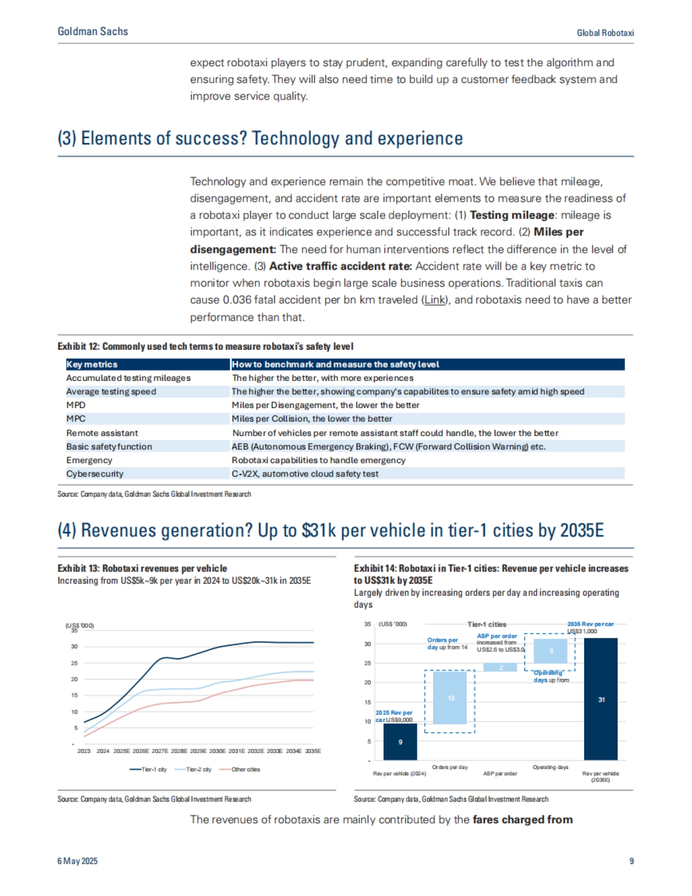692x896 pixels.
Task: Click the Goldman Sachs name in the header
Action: [93, 32]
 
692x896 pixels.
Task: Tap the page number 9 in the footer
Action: [631, 861]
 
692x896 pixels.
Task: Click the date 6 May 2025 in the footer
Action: [77, 861]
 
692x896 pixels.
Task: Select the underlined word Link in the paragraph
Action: [435, 300]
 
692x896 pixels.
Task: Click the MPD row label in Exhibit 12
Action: [76, 405]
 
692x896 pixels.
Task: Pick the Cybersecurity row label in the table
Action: [95, 474]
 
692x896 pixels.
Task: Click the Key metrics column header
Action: [92, 364]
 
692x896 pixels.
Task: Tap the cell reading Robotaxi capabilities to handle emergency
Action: [318, 460]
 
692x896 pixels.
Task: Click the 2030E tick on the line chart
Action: [217, 751]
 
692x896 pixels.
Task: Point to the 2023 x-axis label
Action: [84, 751]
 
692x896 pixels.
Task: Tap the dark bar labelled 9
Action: [400, 742]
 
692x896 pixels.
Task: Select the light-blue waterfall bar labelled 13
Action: [450, 698]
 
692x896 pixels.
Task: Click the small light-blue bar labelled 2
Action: [500, 667]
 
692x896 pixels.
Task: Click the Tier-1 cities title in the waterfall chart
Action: [487, 625]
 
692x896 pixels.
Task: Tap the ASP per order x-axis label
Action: [500, 773]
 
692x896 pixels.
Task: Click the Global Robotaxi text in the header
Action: [605, 33]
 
